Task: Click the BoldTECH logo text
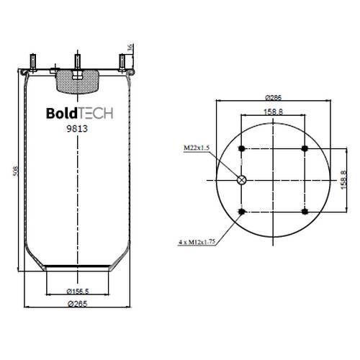(x=79, y=113)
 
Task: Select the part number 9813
(x=77, y=129)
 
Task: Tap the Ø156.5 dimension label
(x=78, y=292)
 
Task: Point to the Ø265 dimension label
(x=78, y=304)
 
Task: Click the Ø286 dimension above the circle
(x=274, y=98)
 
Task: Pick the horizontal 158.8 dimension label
(x=274, y=112)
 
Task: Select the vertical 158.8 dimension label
(x=343, y=179)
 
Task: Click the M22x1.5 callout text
(x=197, y=148)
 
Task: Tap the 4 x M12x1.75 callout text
(x=197, y=242)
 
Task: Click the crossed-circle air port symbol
(x=241, y=180)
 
